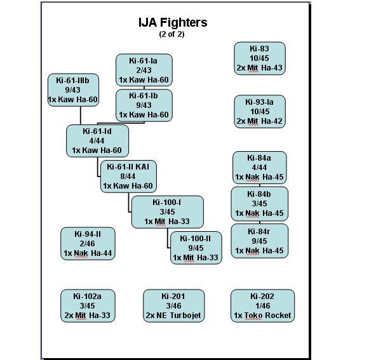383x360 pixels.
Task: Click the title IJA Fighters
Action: point(173,22)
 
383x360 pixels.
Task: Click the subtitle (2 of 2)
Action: point(172,34)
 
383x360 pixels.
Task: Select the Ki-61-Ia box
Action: point(144,70)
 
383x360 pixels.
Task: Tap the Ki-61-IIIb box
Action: point(73,90)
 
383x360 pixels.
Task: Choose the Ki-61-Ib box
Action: point(144,105)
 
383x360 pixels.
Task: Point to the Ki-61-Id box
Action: point(97,140)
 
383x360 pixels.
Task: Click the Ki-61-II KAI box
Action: point(128,177)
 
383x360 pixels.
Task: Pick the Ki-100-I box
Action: point(167,212)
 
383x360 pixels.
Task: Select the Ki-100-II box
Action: point(196,248)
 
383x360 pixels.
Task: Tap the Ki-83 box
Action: point(259,58)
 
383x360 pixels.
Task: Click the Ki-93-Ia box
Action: point(259,111)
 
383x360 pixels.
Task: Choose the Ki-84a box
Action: point(259,168)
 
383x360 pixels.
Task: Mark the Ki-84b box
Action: point(259,203)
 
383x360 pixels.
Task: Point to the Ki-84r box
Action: point(259,241)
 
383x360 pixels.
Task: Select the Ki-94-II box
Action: point(88,244)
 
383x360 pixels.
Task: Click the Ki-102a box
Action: point(88,305)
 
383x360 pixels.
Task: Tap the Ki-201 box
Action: point(173,305)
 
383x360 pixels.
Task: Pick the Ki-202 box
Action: point(262,305)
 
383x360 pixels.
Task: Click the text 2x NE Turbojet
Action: point(173,316)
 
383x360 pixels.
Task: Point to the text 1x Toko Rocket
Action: point(262,316)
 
